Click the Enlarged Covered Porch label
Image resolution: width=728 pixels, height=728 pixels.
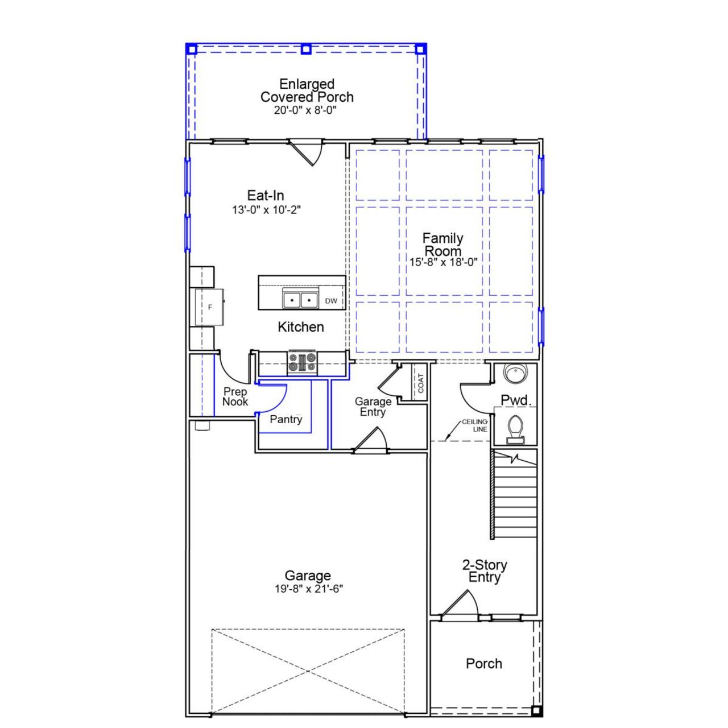[x=307, y=91]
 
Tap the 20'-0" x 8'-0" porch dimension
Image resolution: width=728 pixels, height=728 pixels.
[x=305, y=110]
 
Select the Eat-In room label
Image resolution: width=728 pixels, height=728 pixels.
[x=266, y=196]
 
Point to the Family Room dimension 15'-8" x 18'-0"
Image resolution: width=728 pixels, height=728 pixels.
[x=443, y=262]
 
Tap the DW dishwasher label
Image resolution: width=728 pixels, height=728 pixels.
[x=331, y=301]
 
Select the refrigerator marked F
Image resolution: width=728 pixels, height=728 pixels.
[x=209, y=307]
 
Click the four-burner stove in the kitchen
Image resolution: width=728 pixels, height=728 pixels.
[x=302, y=363]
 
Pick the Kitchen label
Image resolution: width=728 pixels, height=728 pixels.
[x=301, y=327]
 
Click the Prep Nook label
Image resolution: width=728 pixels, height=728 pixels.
[x=235, y=396]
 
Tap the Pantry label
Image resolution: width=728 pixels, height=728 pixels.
[x=286, y=419]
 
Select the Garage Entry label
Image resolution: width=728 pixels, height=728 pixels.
[x=373, y=407]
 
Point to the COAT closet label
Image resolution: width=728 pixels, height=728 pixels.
[x=421, y=383]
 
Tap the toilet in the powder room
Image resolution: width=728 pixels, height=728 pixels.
[x=515, y=428]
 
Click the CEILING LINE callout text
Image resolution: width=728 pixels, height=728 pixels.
[x=475, y=425]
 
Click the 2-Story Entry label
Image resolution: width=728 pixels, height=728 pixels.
[x=485, y=571]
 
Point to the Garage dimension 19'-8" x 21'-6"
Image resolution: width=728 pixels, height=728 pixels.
[x=309, y=589]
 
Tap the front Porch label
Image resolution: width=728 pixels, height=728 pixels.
[x=484, y=664]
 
